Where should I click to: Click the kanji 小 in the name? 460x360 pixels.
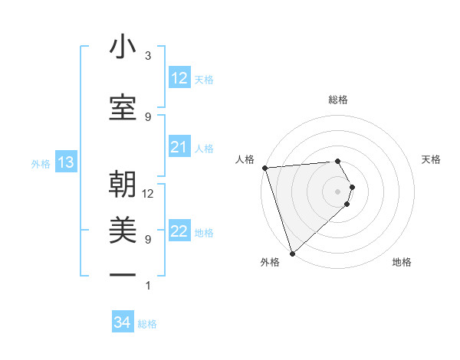(x=123, y=48)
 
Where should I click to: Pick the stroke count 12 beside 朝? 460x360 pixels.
(x=148, y=193)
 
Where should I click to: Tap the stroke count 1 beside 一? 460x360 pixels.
(x=148, y=286)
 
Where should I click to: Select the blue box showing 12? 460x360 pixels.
(x=179, y=78)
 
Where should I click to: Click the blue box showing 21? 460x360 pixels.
(x=179, y=147)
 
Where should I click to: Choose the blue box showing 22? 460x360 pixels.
(x=179, y=231)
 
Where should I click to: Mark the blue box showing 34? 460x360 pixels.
(x=123, y=322)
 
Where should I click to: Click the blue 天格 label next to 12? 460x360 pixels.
(x=204, y=79)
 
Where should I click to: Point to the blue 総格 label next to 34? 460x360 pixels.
(x=147, y=324)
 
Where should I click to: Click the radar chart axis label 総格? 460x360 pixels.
(x=338, y=100)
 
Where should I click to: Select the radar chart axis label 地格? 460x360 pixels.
(x=402, y=262)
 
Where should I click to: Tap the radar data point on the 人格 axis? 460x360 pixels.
(x=264, y=168)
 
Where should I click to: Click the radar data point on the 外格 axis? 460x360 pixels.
(x=292, y=253)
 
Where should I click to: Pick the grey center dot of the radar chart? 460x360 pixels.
(x=338, y=191)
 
